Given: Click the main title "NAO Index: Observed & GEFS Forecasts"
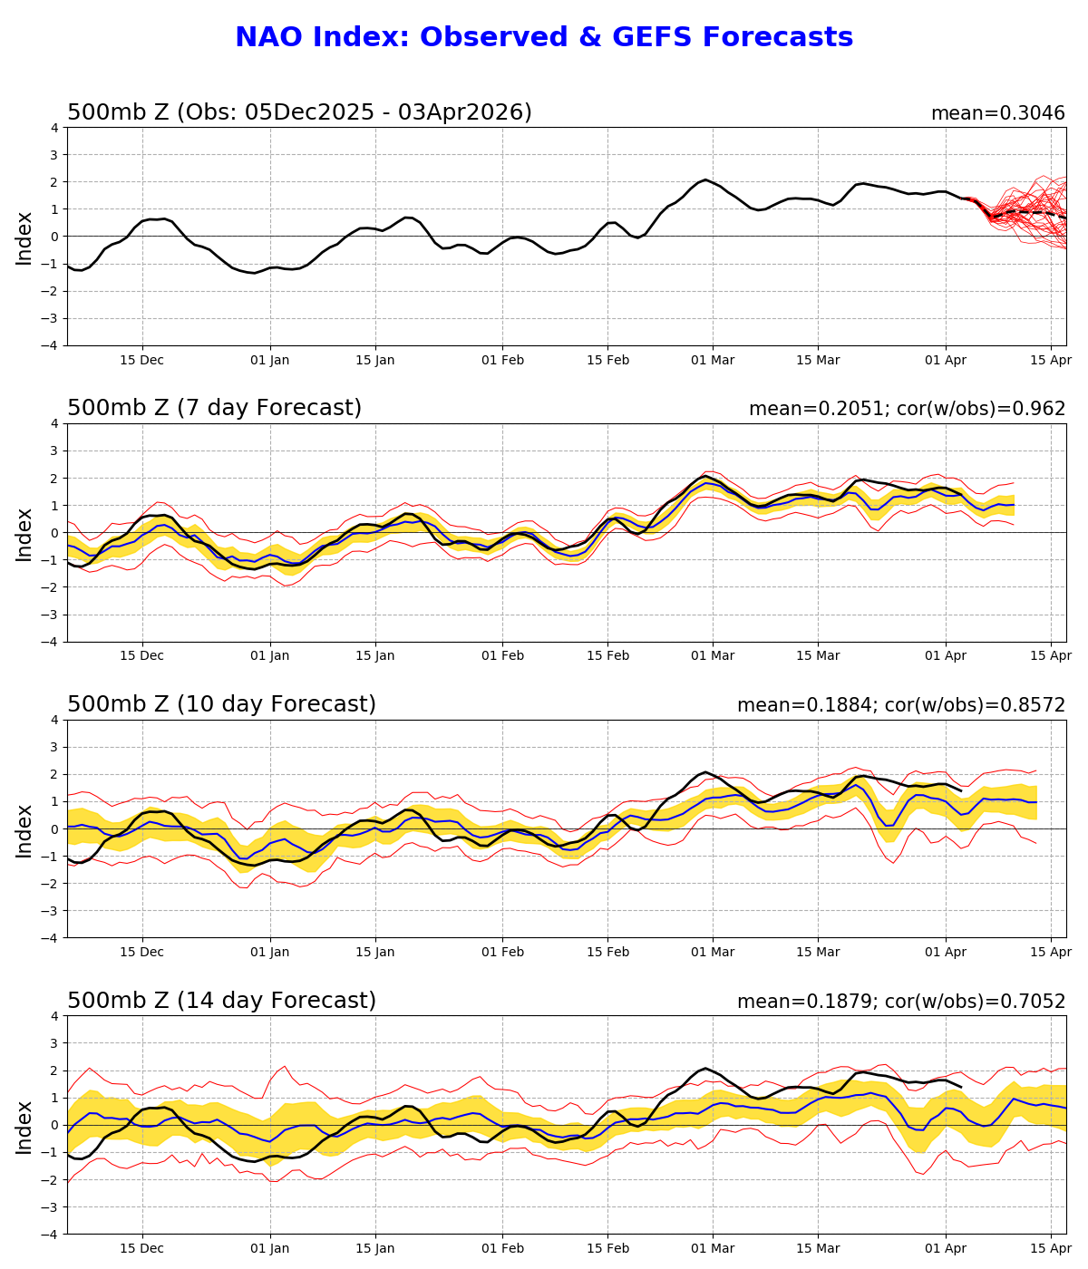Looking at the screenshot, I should tap(544, 37).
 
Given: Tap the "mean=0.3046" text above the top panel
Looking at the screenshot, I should tap(997, 113).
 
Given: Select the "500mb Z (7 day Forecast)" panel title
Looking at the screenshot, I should tap(214, 408).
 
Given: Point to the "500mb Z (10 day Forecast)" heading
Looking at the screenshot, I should tap(221, 704).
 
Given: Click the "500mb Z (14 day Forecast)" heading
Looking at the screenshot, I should tap(221, 1001).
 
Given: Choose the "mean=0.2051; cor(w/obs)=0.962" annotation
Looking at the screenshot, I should tap(907, 409).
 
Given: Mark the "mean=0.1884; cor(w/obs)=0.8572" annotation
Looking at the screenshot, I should tap(901, 705).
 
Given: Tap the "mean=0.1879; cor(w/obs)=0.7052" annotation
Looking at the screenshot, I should tap(901, 1002).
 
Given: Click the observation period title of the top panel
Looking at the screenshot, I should tap(299, 112).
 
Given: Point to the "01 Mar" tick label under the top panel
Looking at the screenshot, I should tap(713, 360).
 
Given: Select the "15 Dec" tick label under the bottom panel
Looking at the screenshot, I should tap(141, 1249).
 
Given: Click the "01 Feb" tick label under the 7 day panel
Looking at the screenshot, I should tap(502, 656).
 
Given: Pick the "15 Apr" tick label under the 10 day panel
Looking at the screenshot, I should tap(1052, 953).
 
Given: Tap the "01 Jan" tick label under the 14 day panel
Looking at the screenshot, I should tap(270, 1249).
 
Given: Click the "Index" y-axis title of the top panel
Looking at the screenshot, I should tap(24, 237).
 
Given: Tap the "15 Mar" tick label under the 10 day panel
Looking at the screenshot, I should tap(818, 953).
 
